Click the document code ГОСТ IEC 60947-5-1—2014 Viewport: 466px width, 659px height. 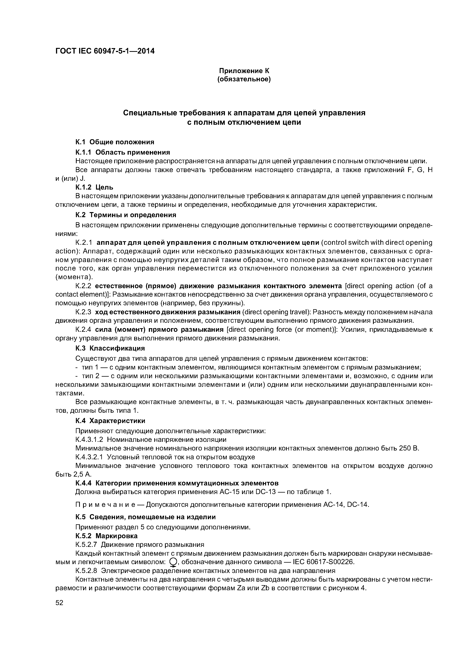point(105,51)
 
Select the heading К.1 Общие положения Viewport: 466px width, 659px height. point(115,142)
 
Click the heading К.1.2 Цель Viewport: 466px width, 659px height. point(94,187)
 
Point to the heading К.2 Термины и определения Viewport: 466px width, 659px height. point(126,215)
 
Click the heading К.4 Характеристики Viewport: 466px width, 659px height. point(110,421)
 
